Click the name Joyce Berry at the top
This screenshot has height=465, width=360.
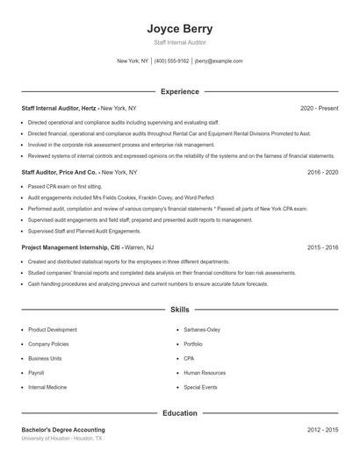179,29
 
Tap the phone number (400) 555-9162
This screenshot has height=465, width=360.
171,61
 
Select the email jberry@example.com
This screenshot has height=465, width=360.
219,61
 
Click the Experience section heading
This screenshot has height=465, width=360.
179,91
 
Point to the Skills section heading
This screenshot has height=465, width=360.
179,310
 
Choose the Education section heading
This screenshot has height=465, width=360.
179,412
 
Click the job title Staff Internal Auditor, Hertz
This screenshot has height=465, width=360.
59,108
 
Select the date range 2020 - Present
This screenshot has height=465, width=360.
319,108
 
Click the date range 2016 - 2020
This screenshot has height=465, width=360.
322,173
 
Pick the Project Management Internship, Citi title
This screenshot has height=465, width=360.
71,248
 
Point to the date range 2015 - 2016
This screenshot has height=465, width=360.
322,248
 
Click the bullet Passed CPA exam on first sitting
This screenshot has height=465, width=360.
65,187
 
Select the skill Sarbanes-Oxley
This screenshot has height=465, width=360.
202,329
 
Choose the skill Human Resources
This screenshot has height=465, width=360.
204,372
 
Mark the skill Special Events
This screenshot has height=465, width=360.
200,387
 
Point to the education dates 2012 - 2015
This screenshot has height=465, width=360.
322,430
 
